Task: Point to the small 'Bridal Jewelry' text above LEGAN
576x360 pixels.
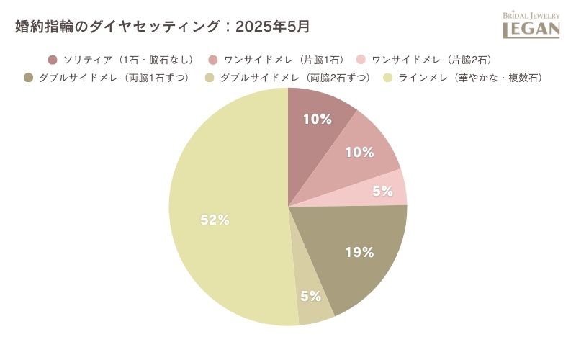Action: click(x=531, y=14)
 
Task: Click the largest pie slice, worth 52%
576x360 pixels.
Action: click(x=223, y=209)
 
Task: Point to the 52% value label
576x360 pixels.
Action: click(x=215, y=220)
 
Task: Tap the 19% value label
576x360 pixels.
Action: click(x=359, y=252)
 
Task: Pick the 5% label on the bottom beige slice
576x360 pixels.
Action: click(x=310, y=296)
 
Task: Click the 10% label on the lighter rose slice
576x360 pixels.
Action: click(x=359, y=152)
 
